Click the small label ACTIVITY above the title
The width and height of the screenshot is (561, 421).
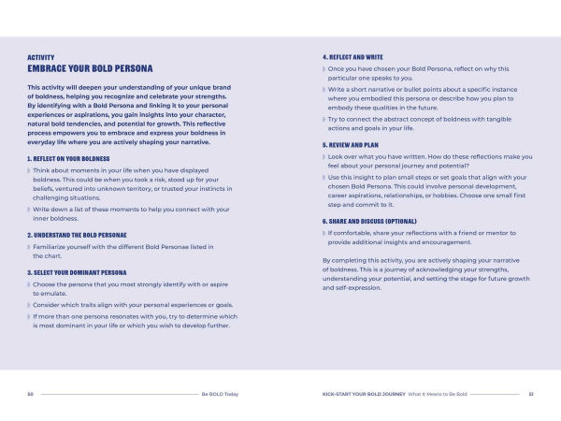(x=41, y=58)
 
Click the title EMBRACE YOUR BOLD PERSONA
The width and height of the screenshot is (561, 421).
(x=90, y=69)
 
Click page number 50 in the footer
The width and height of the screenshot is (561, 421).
(x=31, y=394)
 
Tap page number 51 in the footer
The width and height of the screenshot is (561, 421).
(x=530, y=394)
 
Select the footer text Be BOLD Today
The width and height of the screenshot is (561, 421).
(x=220, y=394)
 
